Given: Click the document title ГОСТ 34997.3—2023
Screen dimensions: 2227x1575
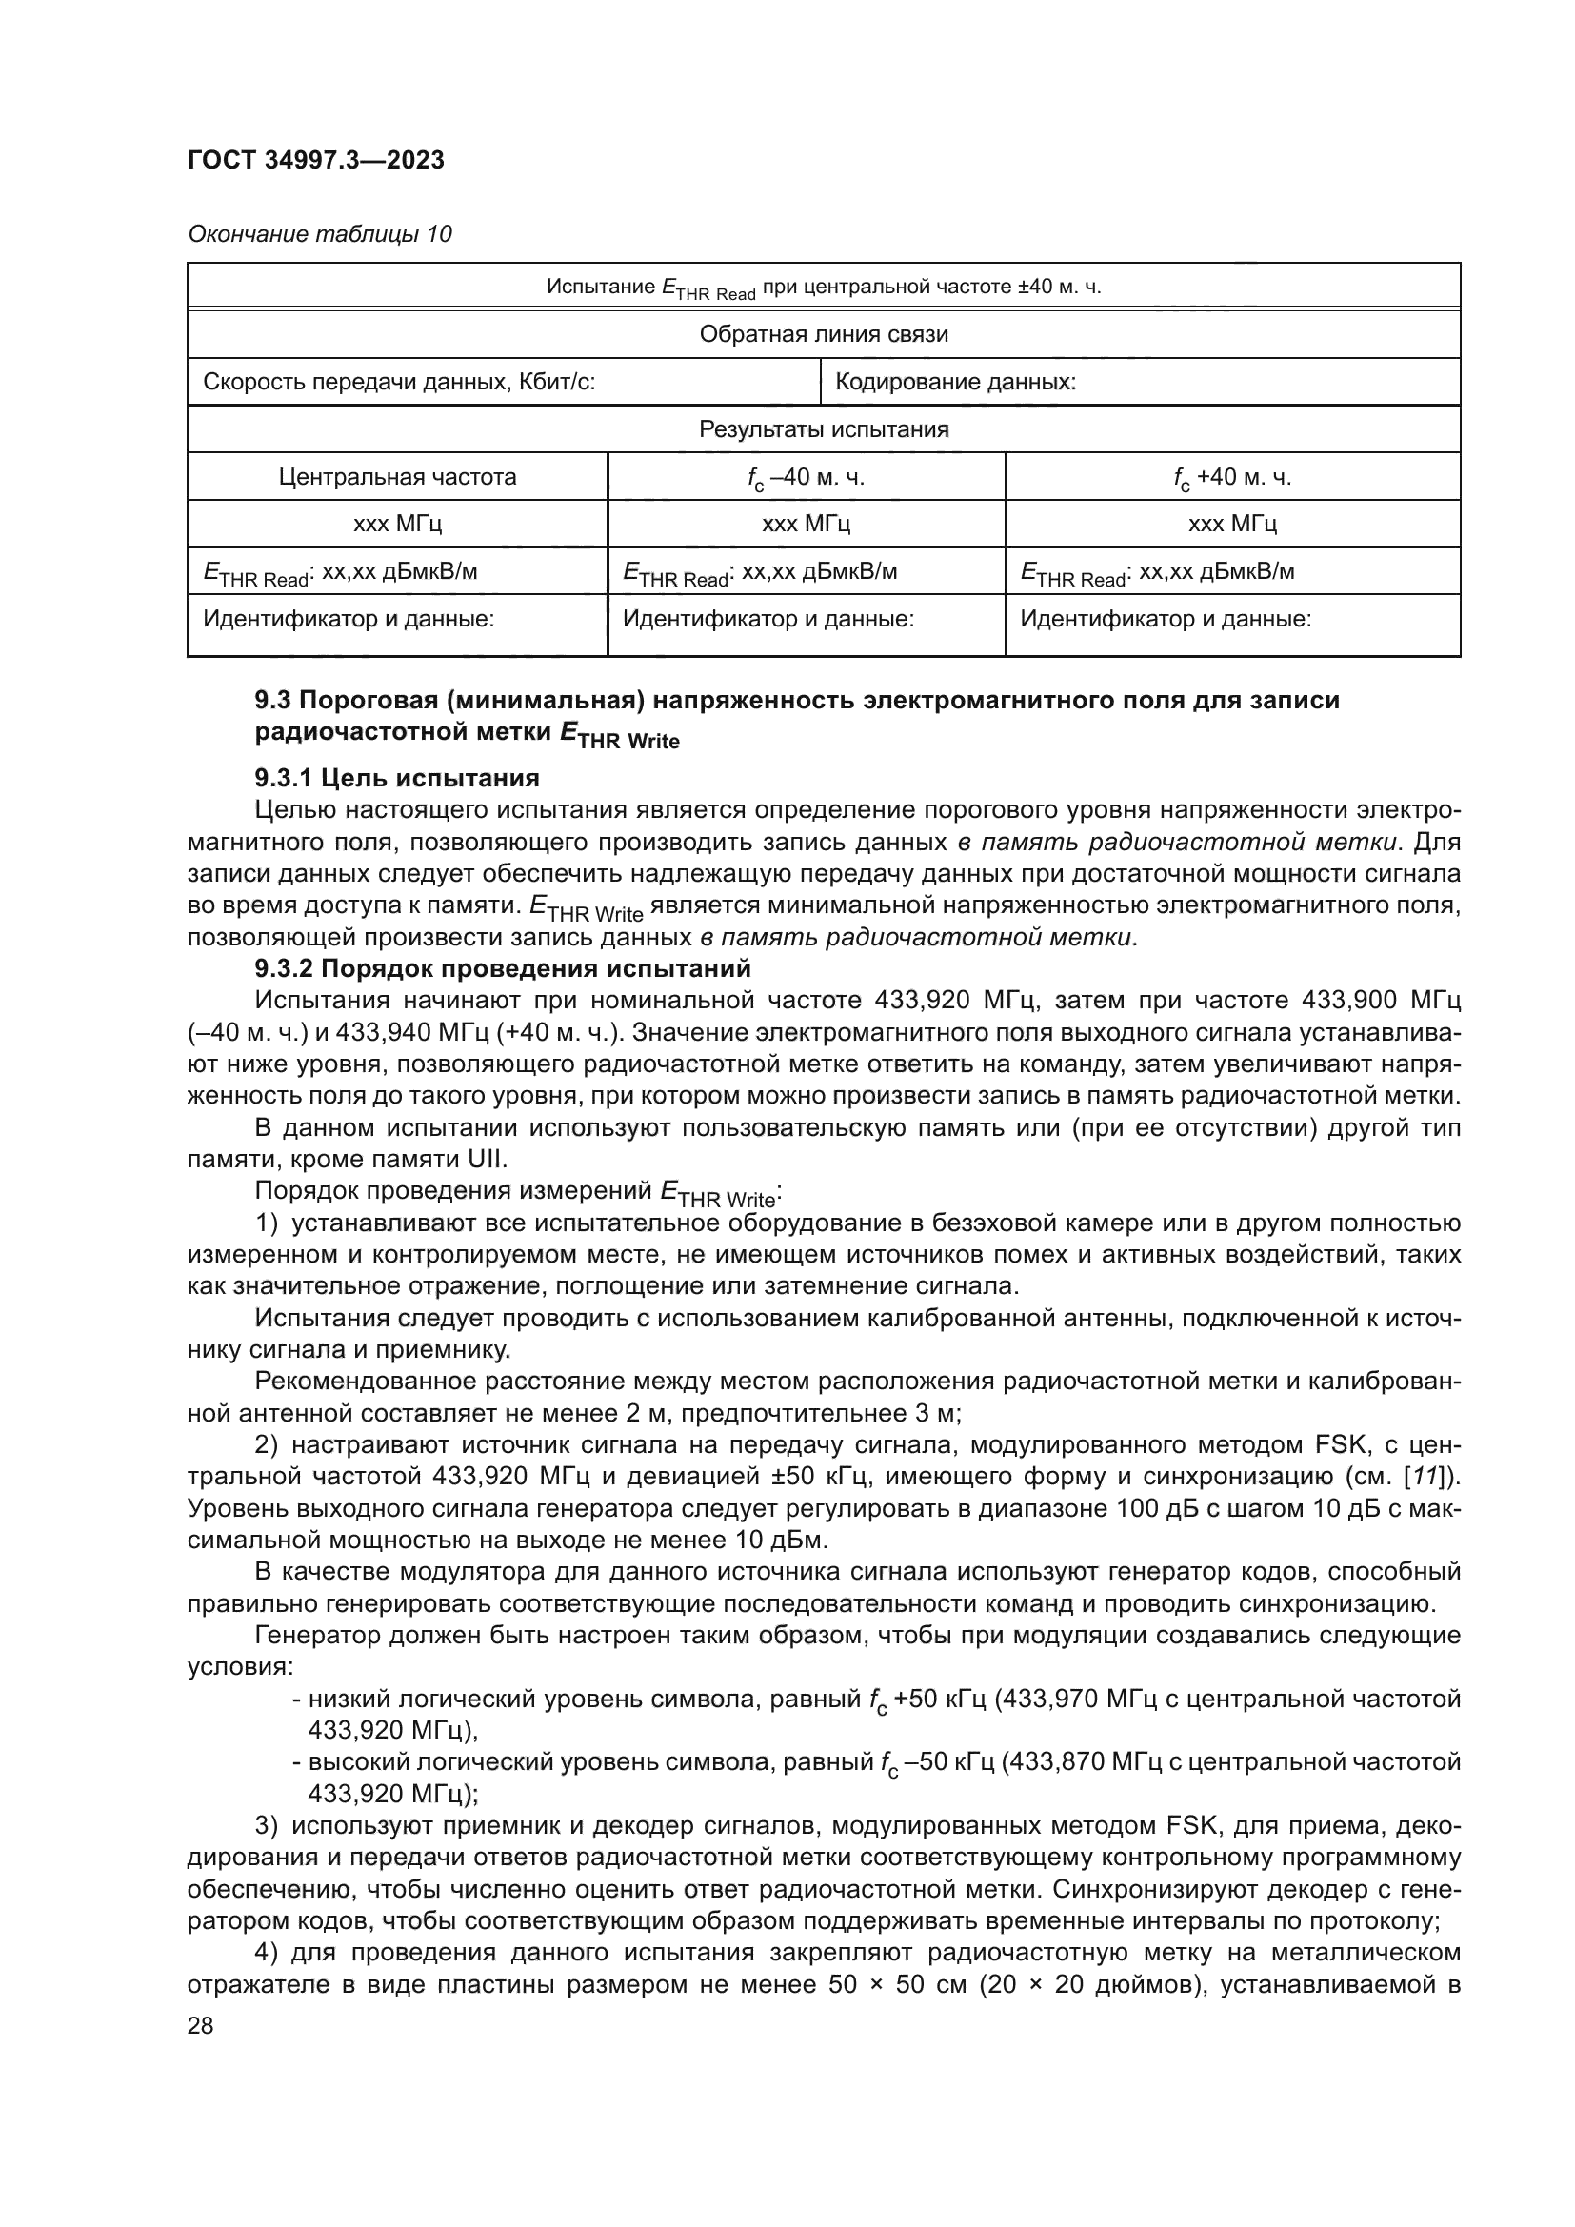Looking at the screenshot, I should pyautogui.click(x=316, y=160).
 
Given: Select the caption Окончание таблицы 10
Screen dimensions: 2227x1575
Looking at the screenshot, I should pyautogui.click(x=319, y=234).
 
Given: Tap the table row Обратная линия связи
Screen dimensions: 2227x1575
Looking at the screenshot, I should pyautogui.click(x=824, y=334).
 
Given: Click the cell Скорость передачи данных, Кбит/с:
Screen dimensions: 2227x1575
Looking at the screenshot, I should pyautogui.click(x=399, y=382).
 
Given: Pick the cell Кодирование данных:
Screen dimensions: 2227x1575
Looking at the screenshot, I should pyautogui.click(x=955, y=382).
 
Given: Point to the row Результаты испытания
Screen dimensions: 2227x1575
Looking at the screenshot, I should pyautogui.click(x=824, y=429).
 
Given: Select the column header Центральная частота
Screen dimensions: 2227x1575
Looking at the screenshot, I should pyautogui.click(x=398, y=477).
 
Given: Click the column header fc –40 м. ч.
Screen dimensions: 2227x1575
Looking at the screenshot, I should pyautogui.click(x=806, y=477).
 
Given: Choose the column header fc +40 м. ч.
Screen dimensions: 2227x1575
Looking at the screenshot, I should pyautogui.click(x=1231, y=477).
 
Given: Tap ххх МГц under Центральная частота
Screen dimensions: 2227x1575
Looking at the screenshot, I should pyautogui.click(x=398, y=525).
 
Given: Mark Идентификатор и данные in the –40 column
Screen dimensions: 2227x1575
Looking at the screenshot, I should pyautogui.click(x=768, y=619).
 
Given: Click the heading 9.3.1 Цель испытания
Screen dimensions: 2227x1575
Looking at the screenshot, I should pyautogui.click(x=397, y=778).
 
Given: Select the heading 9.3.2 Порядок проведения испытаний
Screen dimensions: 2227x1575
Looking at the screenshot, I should pyautogui.click(x=503, y=969).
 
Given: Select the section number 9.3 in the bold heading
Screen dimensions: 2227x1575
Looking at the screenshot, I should pyautogui.click(x=273, y=701).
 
